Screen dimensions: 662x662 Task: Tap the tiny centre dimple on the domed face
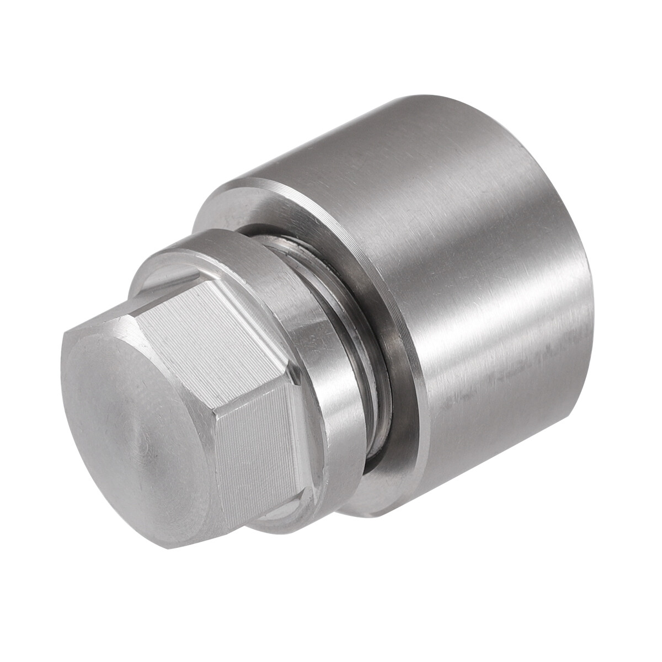click(145, 441)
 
